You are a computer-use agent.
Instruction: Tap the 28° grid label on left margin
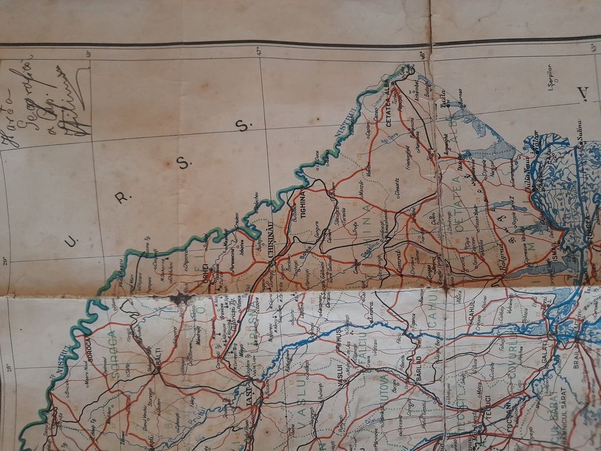[x=9, y=368]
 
